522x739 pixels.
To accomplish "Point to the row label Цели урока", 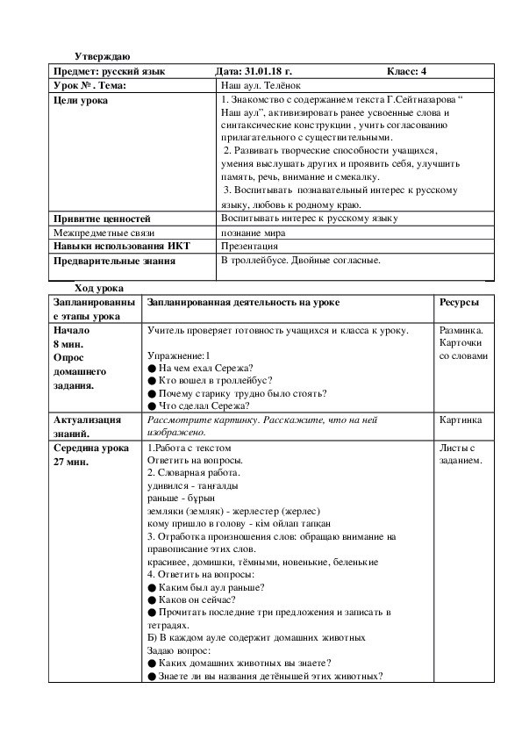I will (82, 102).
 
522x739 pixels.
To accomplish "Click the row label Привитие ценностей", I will (102, 219).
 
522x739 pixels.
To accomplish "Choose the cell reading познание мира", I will (253, 233).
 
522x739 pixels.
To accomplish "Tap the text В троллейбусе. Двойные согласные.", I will (300, 261).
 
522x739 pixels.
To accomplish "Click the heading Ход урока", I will (99, 288).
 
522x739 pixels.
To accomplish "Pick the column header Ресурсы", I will (459, 302).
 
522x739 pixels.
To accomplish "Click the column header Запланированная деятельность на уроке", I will (244, 302).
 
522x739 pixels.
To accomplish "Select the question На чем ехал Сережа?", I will (205, 368).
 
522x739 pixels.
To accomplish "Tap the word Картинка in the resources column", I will (461, 420).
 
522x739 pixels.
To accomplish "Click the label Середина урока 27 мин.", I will (91, 454).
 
